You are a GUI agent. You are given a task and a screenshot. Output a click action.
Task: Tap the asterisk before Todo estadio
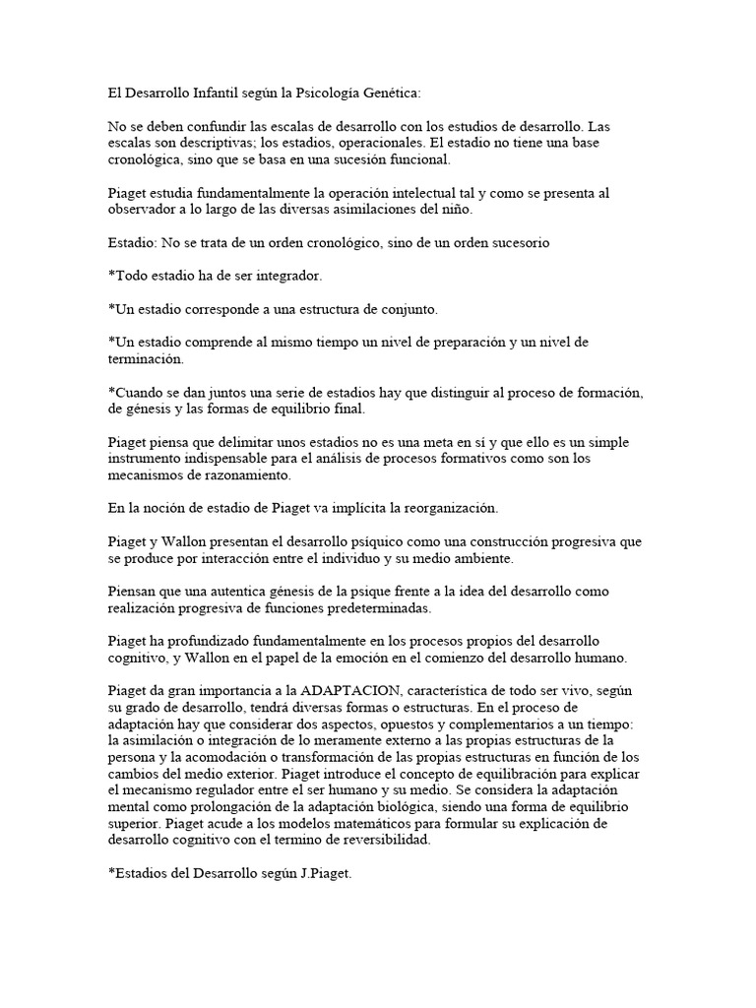[x=111, y=276]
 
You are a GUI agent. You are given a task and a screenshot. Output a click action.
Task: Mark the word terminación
[x=146, y=359]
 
